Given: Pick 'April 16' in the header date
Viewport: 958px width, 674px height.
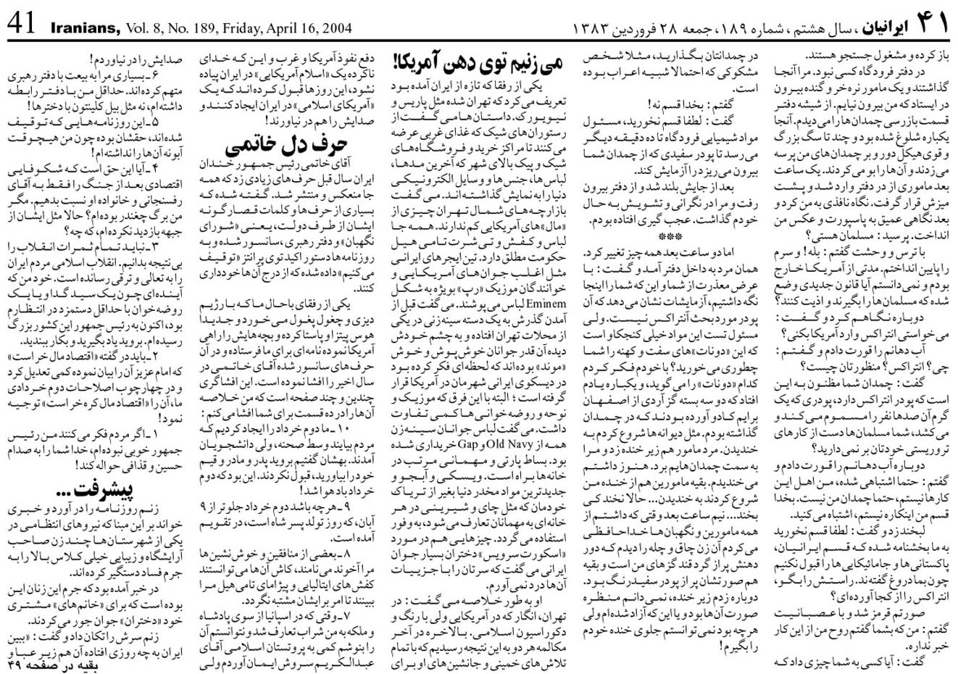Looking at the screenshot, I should point(297,28).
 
